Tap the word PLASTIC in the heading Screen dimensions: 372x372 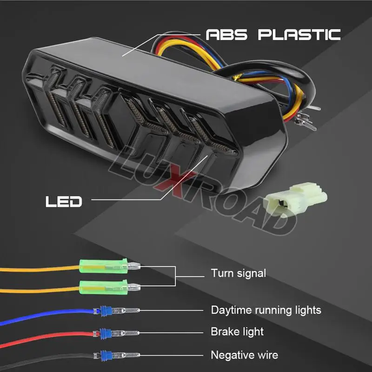point(299,34)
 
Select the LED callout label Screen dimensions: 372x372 point(64,201)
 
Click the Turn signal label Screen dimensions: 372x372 point(238,273)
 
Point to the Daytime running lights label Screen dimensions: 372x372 point(266,310)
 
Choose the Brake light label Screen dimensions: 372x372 point(237,332)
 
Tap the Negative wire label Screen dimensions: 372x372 point(244,355)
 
